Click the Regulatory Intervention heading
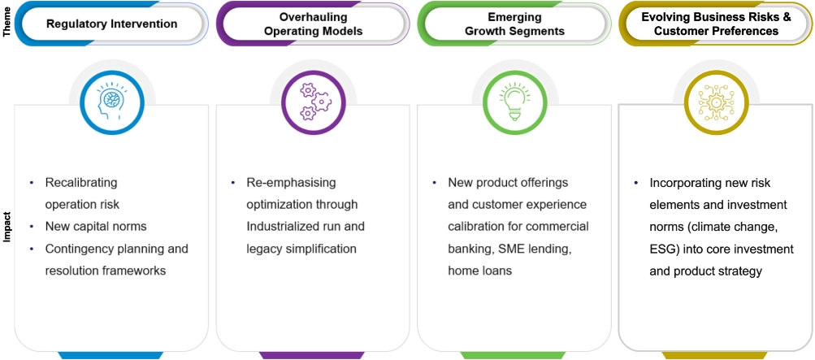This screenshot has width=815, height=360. [x=111, y=24]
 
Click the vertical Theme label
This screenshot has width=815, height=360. [x=7, y=24]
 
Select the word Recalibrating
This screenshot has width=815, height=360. [x=81, y=183]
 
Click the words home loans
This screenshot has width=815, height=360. [x=479, y=270]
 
